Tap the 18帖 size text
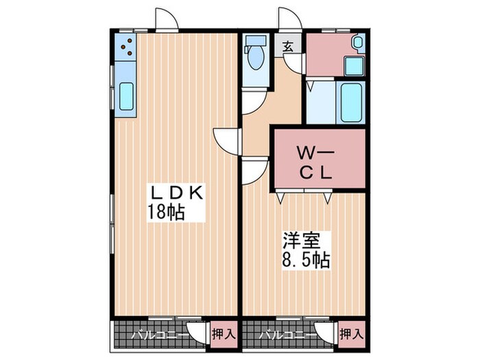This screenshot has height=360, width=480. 165,212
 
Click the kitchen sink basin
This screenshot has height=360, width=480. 127,97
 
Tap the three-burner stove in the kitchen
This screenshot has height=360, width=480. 127,46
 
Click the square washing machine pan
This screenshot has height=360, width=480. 353,67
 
